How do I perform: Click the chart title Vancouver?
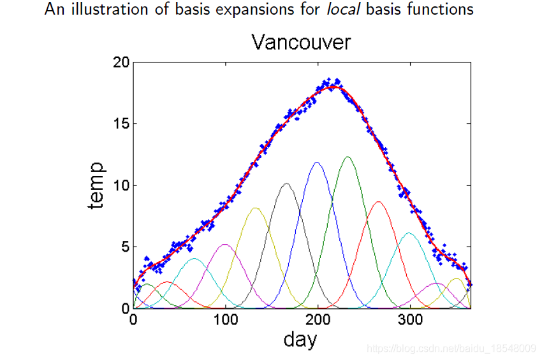(x=301, y=43)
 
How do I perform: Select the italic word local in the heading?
(x=343, y=9)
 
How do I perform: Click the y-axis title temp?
(x=96, y=185)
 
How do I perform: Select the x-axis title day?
(x=300, y=339)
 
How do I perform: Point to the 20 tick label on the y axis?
(x=121, y=62)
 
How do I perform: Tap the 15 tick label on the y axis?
(x=121, y=124)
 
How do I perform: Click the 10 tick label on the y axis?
(x=121, y=185)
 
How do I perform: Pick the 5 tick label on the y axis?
(x=125, y=247)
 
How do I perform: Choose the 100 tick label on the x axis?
(x=225, y=320)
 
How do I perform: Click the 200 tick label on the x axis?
(x=318, y=320)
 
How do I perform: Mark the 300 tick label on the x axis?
(x=410, y=320)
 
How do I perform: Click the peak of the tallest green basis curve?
(x=348, y=157)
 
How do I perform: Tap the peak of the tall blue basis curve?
(x=317, y=162)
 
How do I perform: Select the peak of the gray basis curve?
(x=286, y=183)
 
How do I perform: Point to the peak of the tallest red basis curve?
(x=379, y=201)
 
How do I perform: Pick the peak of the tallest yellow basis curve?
(x=255, y=208)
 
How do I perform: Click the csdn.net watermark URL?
(x=451, y=348)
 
